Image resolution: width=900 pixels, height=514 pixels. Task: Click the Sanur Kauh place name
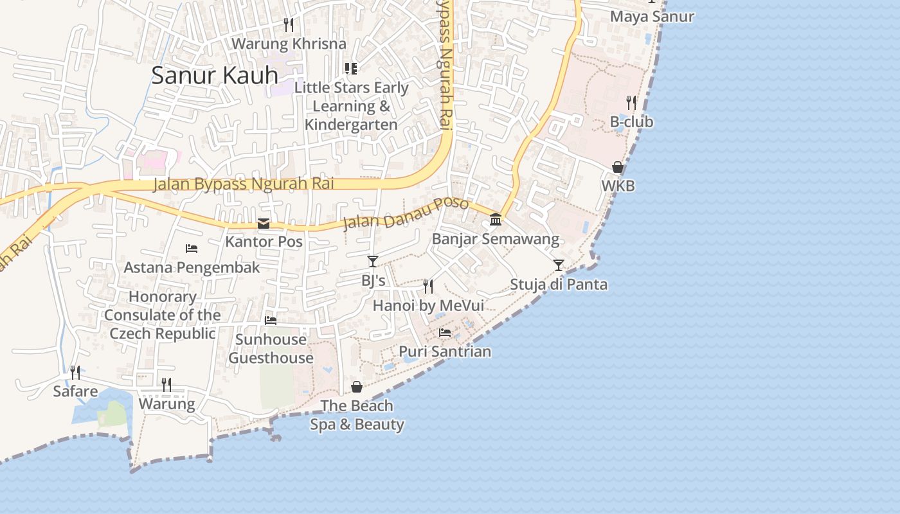click(x=215, y=75)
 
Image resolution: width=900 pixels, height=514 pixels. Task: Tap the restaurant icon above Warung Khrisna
click(x=289, y=25)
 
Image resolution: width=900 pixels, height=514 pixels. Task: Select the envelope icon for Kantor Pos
click(x=264, y=224)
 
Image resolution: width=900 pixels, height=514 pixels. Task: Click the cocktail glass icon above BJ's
click(x=373, y=261)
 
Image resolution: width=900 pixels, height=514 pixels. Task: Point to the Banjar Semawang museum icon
click(x=496, y=220)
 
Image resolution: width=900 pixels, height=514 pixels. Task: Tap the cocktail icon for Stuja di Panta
click(x=559, y=265)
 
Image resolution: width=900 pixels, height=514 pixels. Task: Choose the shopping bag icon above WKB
click(x=618, y=167)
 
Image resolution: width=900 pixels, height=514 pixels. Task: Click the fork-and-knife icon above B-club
click(x=631, y=103)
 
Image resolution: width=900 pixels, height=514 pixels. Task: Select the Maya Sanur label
click(x=652, y=17)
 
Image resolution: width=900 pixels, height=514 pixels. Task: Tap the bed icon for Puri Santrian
click(x=445, y=333)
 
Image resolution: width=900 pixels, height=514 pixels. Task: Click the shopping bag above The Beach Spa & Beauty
click(x=357, y=387)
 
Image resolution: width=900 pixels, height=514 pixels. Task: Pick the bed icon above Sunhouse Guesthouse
click(x=271, y=320)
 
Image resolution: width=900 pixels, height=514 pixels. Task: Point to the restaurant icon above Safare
click(x=75, y=373)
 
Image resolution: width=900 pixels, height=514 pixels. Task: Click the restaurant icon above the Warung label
click(x=166, y=385)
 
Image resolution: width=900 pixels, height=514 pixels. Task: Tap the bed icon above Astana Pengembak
click(x=192, y=248)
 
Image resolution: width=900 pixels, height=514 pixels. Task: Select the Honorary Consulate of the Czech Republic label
click(x=163, y=315)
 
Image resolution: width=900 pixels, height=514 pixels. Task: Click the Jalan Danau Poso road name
click(x=405, y=213)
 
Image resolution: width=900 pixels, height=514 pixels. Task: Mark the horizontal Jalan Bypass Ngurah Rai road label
click(x=244, y=184)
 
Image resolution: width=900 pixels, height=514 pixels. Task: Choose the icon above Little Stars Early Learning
click(x=351, y=68)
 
